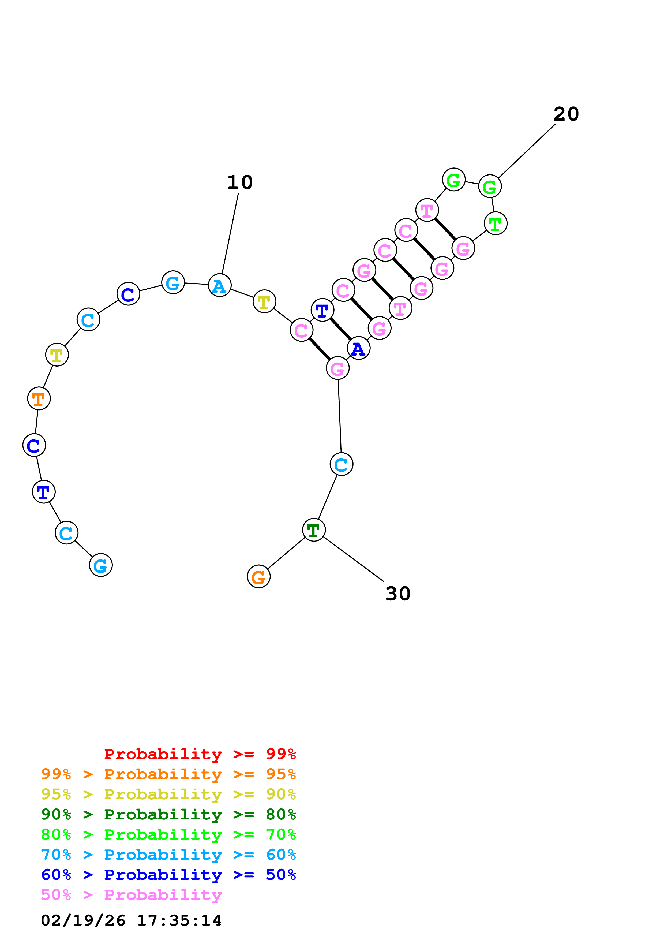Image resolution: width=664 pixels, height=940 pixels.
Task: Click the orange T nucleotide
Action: point(39,398)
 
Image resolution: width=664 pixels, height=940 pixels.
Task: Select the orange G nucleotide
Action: point(258,576)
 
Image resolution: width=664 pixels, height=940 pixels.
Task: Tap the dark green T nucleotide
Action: point(314,530)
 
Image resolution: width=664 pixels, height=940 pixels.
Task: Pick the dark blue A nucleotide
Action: point(358,348)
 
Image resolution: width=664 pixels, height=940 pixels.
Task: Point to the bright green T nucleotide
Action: point(496,223)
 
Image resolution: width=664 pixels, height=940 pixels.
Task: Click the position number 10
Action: point(240,182)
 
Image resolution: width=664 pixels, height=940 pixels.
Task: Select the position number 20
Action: point(566,114)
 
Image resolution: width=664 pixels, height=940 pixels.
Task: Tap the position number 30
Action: point(398,594)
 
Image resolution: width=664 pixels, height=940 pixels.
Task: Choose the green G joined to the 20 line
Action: point(490,186)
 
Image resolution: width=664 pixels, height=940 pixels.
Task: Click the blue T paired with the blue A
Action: point(322,310)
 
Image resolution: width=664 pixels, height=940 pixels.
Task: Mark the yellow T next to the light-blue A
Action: point(264,301)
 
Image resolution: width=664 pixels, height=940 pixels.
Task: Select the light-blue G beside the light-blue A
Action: point(173,282)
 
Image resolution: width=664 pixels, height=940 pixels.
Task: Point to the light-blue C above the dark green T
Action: point(341,464)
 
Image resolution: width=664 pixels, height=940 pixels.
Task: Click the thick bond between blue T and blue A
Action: point(340,329)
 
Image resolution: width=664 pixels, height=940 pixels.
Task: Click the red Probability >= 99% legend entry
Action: point(200,754)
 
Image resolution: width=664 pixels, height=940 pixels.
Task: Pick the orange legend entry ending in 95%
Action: point(168,774)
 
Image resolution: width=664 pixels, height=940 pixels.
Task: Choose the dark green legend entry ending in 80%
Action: point(168,814)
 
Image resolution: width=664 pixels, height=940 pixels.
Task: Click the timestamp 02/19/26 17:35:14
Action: point(131,920)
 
